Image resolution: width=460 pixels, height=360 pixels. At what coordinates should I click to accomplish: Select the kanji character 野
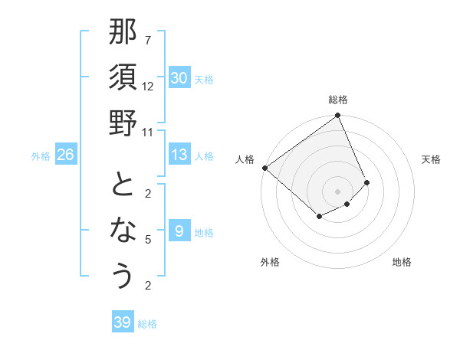123,123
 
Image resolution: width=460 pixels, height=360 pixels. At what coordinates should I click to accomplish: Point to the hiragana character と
123,185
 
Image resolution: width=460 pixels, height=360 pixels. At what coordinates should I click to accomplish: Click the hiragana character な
123,231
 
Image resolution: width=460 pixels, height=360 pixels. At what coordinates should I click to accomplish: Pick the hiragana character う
123,276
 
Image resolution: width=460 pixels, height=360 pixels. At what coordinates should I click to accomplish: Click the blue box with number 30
179,78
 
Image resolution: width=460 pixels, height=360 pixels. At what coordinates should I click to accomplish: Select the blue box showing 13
179,155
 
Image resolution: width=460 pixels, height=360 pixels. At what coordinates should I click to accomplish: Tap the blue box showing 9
179,231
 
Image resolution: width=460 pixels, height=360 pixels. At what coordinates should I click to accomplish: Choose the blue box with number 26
66,155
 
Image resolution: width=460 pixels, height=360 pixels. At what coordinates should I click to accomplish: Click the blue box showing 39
122,322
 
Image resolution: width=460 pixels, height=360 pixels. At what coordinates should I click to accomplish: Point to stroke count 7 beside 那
148,40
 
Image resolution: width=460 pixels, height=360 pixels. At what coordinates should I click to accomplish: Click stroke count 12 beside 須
148,86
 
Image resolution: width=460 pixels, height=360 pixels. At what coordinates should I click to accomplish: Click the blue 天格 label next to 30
204,79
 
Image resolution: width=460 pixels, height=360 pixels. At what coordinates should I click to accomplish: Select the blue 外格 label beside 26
41,156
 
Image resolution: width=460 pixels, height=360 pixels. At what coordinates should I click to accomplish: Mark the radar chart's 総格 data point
337,116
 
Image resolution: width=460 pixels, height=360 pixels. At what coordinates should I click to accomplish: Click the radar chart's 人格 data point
264,168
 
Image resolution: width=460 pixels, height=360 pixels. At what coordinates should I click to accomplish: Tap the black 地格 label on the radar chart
402,263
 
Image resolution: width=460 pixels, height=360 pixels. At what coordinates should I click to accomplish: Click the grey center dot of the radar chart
337,191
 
